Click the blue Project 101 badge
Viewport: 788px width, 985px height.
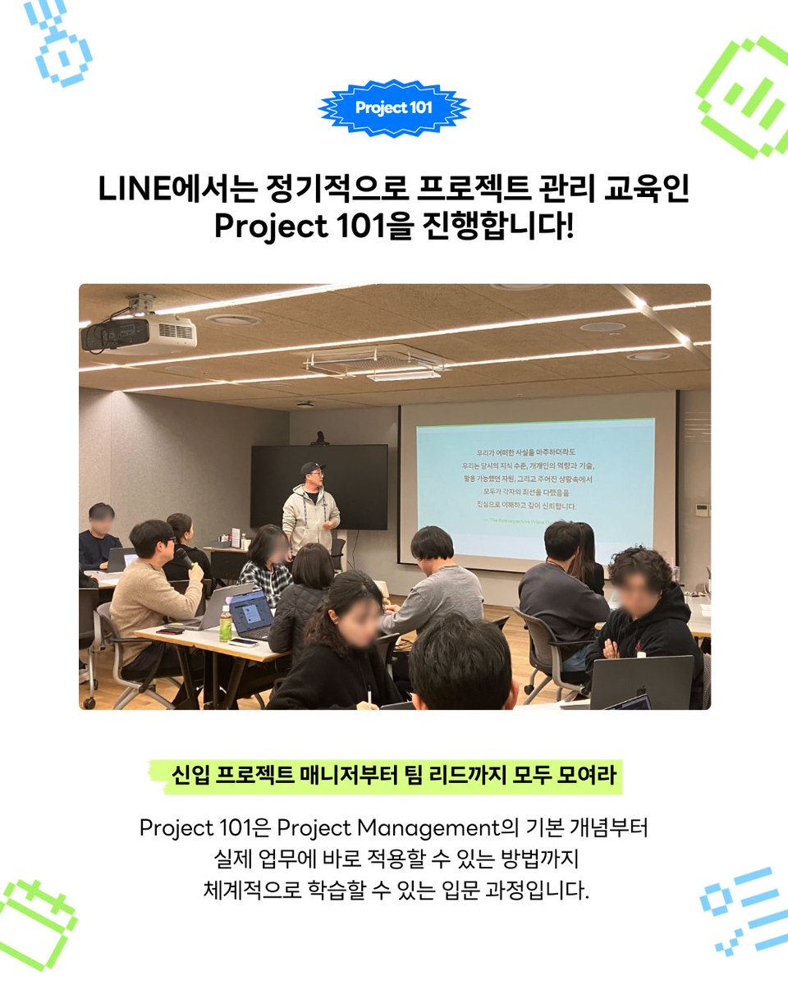pyautogui.click(x=394, y=108)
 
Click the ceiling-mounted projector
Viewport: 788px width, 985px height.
pyautogui.click(x=140, y=332)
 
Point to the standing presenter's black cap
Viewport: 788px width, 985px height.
pyautogui.click(x=312, y=469)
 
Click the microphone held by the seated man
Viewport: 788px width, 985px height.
pyautogui.click(x=186, y=559)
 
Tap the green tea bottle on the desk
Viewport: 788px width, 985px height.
pyautogui.click(x=225, y=624)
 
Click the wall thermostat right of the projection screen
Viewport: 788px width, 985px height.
pyautogui.click(x=700, y=509)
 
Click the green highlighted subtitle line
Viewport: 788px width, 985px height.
pyautogui.click(x=394, y=776)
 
